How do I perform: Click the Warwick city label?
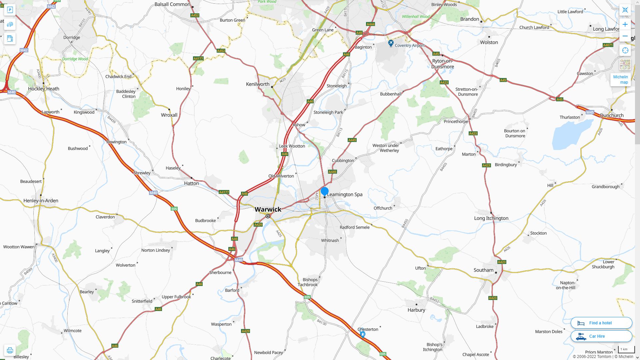(x=268, y=209)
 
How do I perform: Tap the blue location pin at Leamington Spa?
(x=324, y=191)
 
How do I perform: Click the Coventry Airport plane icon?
(x=391, y=43)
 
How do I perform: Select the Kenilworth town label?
(x=257, y=84)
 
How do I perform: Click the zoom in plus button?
(x=625, y=24)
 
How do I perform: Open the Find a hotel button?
(x=601, y=323)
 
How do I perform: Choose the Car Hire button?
(x=601, y=336)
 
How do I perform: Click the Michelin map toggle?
(x=620, y=79)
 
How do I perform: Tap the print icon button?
(x=10, y=350)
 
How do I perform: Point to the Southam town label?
(x=483, y=270)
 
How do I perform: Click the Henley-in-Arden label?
(x=41, y=201)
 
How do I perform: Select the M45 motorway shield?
(x=590, y=112)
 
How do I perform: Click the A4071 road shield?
(x=608, y=45)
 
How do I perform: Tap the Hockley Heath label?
(x=44, y=89)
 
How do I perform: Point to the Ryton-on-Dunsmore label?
(x=442, y=64)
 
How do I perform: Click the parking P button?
(x=10, y=10)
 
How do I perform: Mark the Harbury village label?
(x=416, y=310)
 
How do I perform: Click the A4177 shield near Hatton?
(x=224, y=192)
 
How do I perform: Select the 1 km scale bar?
(x=626, y=350)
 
